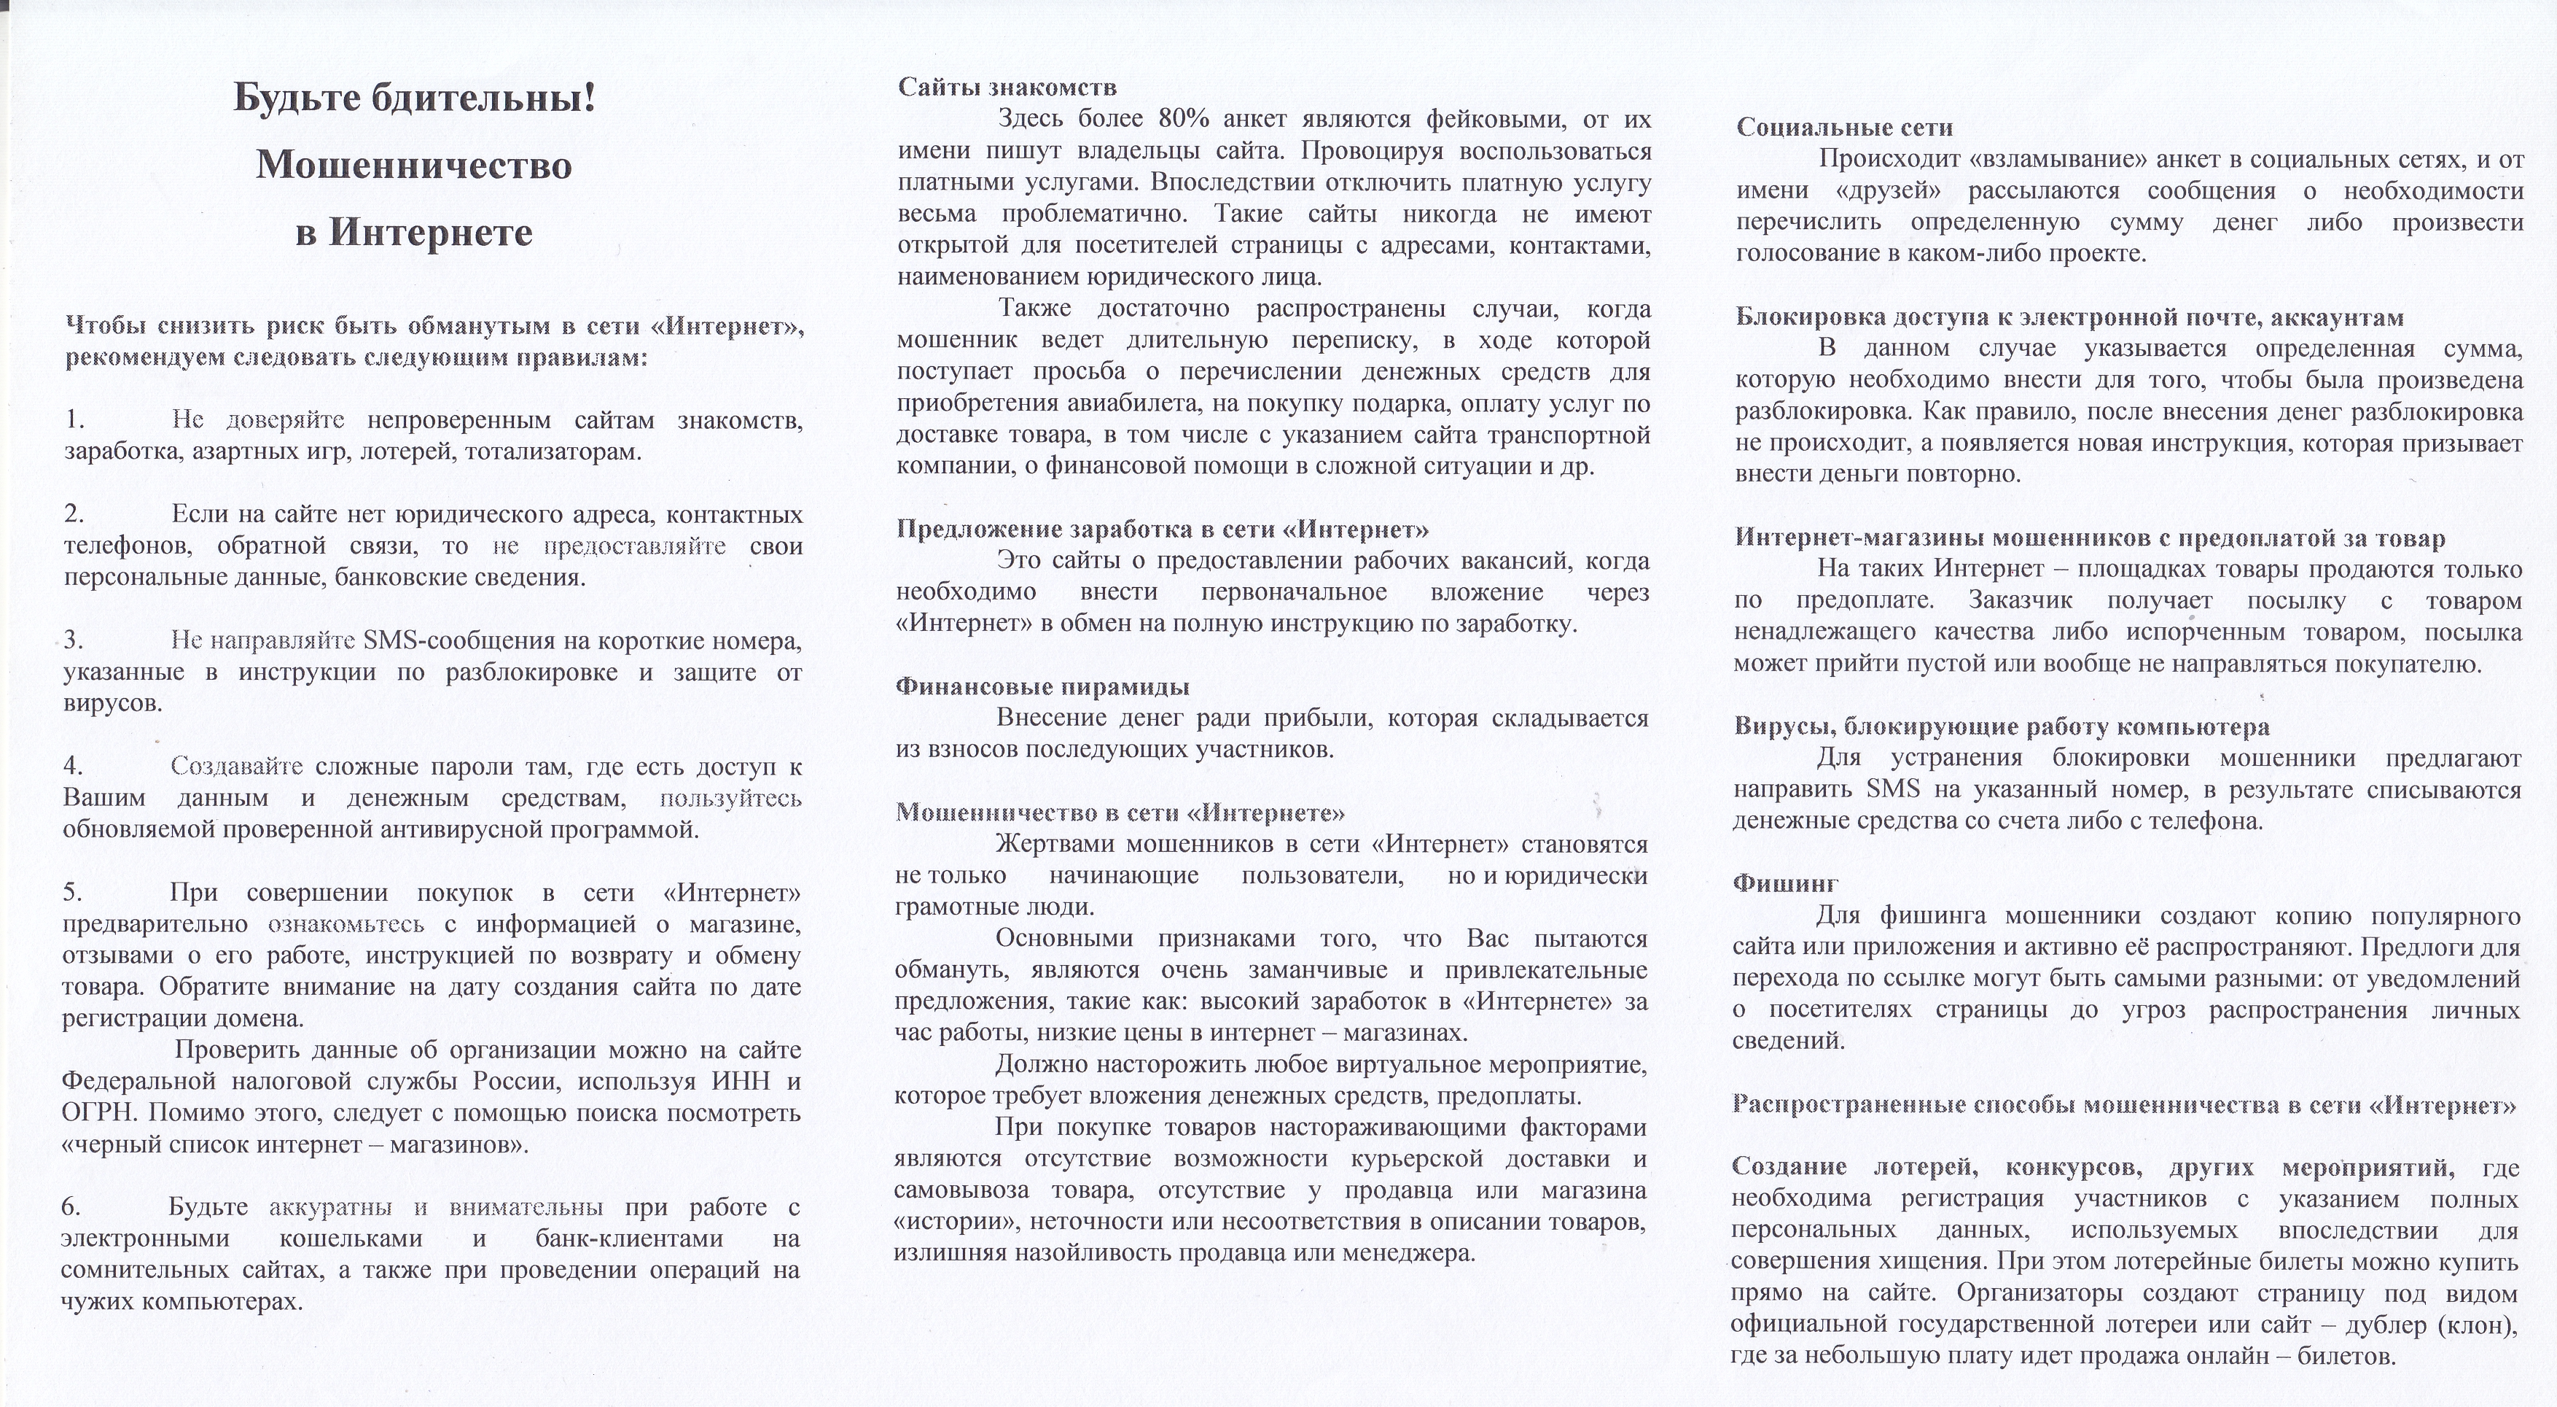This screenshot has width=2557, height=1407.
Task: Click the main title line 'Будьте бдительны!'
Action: (414, 98)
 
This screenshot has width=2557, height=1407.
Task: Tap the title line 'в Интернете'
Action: (414, 233)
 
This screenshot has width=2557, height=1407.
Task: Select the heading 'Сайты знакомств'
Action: (1007, 88)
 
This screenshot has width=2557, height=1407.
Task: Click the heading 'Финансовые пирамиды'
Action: (1042, 687)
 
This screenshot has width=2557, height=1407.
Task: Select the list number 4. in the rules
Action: (74, 767)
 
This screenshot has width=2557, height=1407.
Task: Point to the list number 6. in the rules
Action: (71, 1207)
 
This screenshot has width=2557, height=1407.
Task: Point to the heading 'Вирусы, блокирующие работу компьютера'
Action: (2001, 726)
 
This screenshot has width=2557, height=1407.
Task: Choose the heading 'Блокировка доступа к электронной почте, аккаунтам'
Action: (2069, 318)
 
